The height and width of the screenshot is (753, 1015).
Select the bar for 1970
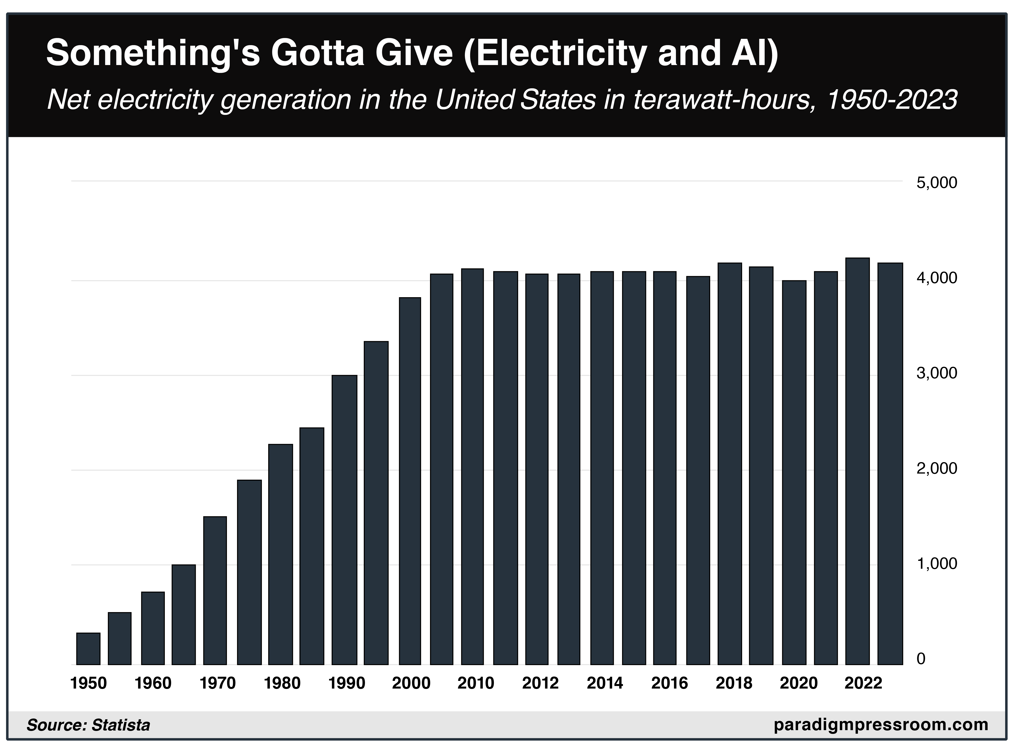(215, 590)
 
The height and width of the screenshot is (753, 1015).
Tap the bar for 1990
(344, 520)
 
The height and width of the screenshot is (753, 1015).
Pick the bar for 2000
(410, 481)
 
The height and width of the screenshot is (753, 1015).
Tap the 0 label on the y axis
(921, 659)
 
